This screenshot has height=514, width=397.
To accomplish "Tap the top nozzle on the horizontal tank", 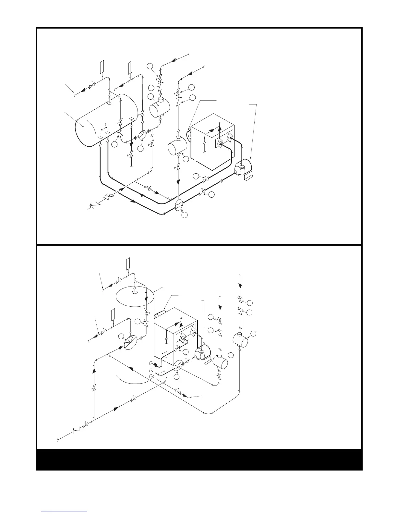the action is pyautogui.click(x=110, y=103).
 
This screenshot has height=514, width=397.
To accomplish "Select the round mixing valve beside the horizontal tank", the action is pyautogui.click(x=143, y=135).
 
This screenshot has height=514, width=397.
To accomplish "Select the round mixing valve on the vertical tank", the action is pyautogui.click(x=131, y=342).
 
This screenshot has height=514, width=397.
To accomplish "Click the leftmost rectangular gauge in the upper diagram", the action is pyautogui.click(x=101, y=67).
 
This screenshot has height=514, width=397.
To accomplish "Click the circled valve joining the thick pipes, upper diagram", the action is pyautogui.click(x=178, y=205).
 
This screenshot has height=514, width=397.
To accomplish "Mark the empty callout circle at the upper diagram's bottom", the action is pyautogui.click(x=184, y=215).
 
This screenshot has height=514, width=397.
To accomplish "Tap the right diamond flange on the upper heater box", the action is pyautogui.click(x=230, y=138).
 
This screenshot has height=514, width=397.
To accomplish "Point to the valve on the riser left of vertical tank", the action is pyautogui.click(x=94, y=388).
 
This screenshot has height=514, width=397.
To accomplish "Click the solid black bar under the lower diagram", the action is pyautogui.click(x=199, y=459).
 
